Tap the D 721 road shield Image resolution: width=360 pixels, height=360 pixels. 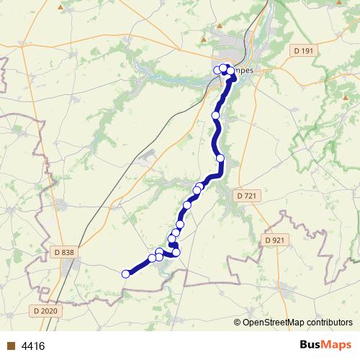click(246, 195)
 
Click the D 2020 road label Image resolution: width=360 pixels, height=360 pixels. click(45, 310)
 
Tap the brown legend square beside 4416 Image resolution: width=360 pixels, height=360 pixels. click(10, 346)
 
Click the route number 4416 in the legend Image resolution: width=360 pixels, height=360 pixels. click(33, 346)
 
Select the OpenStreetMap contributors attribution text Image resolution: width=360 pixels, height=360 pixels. click(297, 322)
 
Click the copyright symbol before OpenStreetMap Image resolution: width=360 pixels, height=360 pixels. click(238, 322)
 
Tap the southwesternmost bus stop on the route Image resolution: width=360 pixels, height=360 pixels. click(126, 274)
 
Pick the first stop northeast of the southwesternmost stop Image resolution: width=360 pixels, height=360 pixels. click(153, 258)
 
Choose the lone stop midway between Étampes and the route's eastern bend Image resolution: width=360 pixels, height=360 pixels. click(215, 115)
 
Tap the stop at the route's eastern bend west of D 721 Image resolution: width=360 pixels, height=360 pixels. click(220, 158)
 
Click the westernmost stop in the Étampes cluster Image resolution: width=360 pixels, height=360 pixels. click(217, 70)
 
